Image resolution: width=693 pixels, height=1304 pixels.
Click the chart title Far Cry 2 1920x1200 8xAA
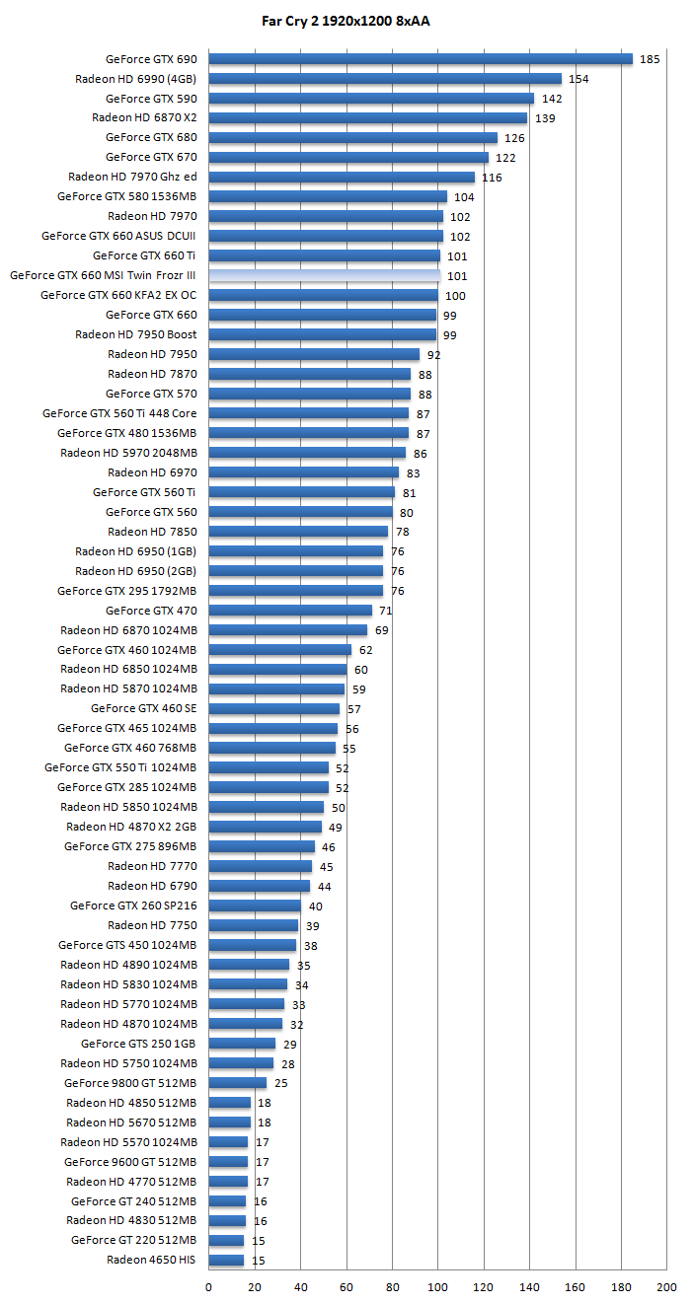(346, 20)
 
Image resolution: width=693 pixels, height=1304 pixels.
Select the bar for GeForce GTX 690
(420, 59)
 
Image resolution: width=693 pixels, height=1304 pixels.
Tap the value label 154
(578, 79)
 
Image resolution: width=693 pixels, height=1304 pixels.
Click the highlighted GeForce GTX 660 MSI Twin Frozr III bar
(324, 275)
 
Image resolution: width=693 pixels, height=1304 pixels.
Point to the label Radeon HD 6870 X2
(144, 117)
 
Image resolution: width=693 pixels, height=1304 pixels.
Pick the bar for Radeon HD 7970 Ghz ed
(341, 177)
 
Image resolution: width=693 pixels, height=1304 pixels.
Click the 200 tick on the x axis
(666, 1286)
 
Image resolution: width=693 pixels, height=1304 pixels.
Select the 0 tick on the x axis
(208, 1286)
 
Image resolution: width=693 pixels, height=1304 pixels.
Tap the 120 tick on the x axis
(484, 1286)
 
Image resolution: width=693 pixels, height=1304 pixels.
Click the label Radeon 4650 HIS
(151, 1260)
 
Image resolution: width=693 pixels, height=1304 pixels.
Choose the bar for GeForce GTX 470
(289, 611)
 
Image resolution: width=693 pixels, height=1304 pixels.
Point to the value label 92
(433, 355)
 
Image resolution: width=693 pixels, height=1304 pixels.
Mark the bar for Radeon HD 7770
(260, 866)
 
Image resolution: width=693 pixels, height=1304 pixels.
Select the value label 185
(650, 59)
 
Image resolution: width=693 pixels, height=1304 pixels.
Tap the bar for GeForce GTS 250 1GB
(241, 1044)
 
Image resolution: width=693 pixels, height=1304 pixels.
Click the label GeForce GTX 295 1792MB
(126, 591)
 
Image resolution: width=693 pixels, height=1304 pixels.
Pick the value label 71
(386, 612)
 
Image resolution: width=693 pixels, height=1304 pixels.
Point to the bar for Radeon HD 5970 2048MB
(306, 453)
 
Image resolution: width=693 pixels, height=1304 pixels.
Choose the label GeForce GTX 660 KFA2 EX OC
(118, 295)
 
